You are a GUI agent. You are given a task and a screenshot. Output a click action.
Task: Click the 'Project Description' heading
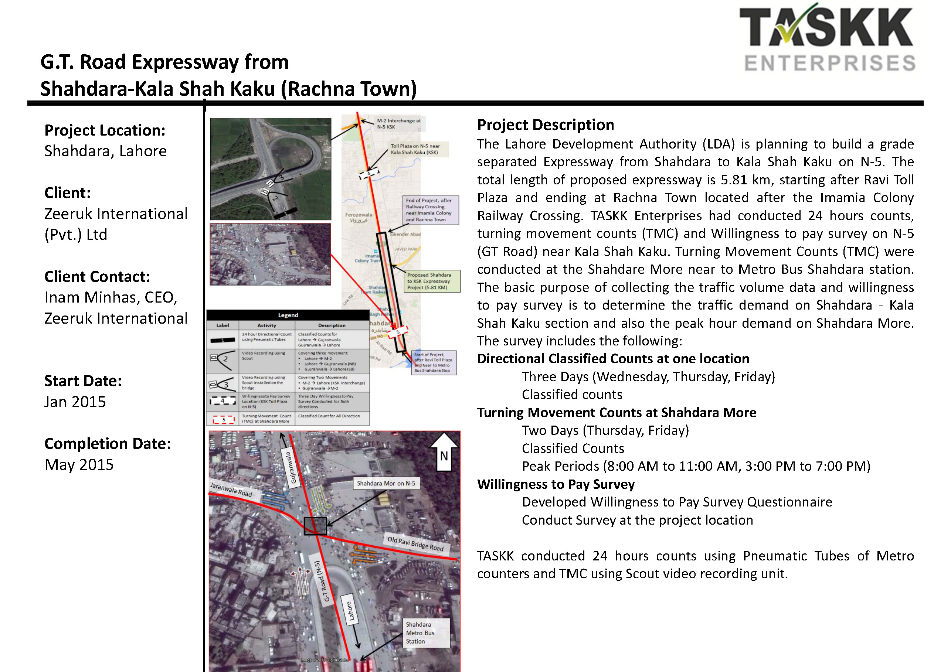(x=545, y=125)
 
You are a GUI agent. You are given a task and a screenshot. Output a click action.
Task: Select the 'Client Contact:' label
(x=97, y=277)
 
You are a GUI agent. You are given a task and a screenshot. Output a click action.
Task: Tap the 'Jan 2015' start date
(x=75, y=402)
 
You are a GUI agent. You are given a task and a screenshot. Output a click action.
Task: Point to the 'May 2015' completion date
(x=79, y=464)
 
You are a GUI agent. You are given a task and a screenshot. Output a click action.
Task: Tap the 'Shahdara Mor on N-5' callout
(x=386, y=483)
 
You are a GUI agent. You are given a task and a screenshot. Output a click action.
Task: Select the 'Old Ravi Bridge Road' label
(x=415, y=544)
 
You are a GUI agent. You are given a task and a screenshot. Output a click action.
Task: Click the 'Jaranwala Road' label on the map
(x=231, y=489)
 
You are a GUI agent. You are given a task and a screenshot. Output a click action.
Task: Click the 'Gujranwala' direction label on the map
(x=291, y=467)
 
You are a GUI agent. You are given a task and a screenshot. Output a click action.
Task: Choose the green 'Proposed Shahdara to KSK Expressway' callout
(x=432, y=281)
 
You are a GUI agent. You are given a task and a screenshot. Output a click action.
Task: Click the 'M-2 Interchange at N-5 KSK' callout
(x=398, y=124)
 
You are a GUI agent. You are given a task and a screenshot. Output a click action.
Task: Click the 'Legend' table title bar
(x=288, y=315)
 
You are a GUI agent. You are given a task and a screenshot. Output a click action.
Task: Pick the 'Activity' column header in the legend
(x=266, y=325)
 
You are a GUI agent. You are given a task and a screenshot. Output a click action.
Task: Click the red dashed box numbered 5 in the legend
(x=223, y=420)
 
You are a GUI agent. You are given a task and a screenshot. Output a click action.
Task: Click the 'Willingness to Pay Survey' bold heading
(x=556, y=484)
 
